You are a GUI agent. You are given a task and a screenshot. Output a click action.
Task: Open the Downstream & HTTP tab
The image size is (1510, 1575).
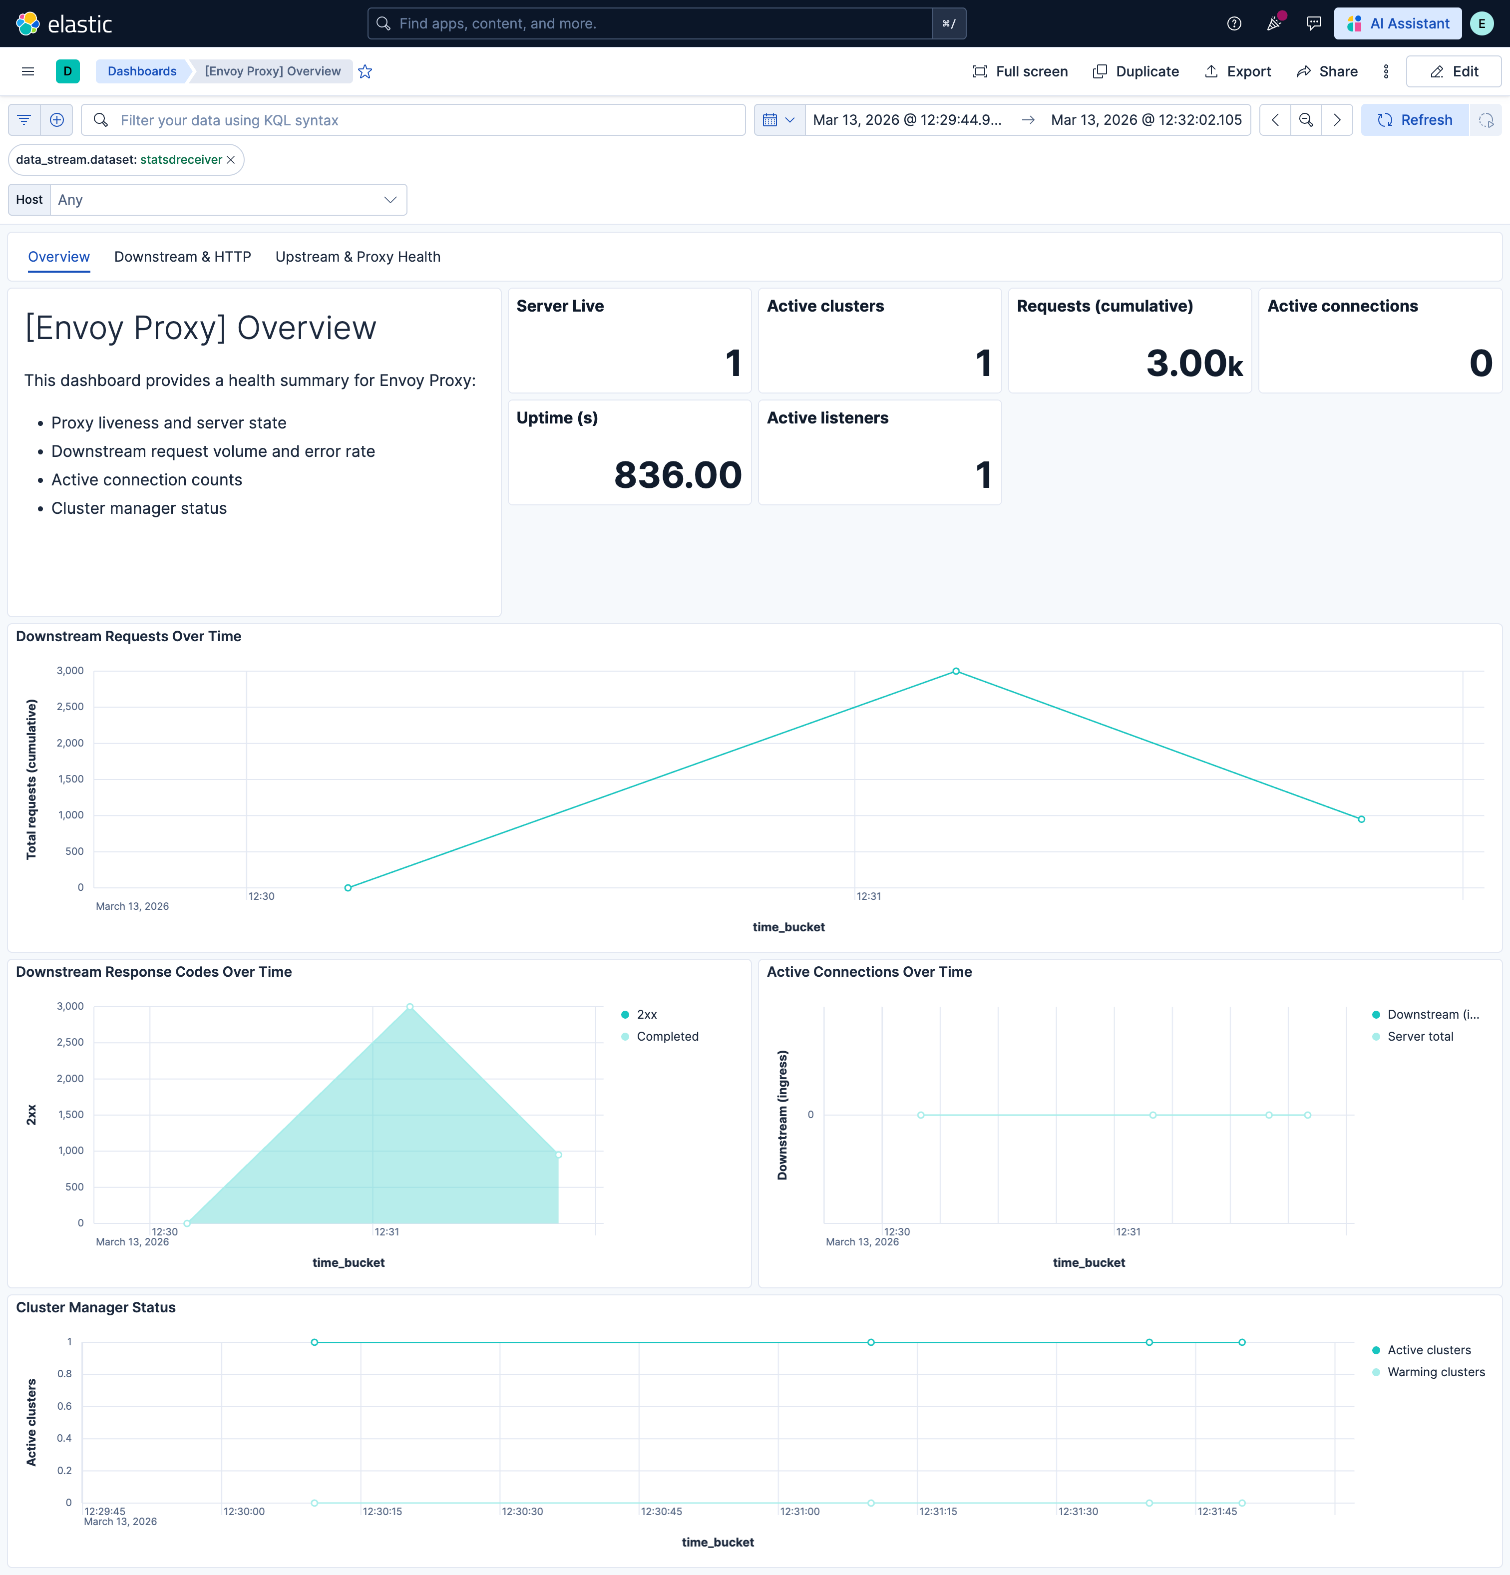[182, 256]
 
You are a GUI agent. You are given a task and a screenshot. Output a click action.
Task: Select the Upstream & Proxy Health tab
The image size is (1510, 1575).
[358, 256]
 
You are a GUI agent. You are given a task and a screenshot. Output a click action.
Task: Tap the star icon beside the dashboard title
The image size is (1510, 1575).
[365, 71]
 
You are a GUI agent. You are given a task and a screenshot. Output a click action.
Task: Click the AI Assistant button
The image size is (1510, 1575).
[1398, 23]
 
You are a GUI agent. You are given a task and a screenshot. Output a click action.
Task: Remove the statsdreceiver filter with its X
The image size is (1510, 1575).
[231, 160]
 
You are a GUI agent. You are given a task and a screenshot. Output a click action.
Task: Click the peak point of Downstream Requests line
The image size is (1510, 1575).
[956, 671]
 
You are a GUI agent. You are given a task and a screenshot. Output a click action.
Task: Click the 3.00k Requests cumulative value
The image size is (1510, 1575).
[1194, 363]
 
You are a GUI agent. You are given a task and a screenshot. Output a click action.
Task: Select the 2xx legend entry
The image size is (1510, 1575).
[646, 1014]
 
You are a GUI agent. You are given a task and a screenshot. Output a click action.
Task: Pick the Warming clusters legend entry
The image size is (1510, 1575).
[1435, 1372]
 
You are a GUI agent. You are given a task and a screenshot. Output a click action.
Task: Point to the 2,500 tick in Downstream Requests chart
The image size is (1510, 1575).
[70, 706]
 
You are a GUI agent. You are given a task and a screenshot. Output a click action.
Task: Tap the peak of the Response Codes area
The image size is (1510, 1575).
[410, 1006]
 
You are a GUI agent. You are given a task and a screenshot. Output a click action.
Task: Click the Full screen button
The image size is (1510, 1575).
[1020, 71]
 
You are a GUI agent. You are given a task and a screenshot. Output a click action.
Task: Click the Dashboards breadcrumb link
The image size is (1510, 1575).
[142, 71]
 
